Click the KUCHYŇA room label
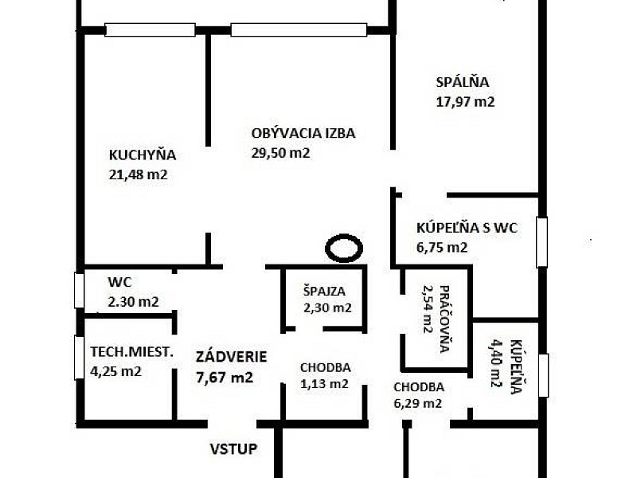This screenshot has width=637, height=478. [x=143, y=155]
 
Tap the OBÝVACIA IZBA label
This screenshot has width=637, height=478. [x=303, y=133]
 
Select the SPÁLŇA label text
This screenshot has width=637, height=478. [x=463, y=82]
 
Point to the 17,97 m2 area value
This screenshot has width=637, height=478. [x=465, y=102]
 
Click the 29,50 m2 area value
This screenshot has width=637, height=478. [x=280, y=153]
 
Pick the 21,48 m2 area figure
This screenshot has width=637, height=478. [x=138, y=174]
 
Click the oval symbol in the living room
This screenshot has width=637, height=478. [x=344, y=248]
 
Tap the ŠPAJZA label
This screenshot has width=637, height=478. [x=324, y=291]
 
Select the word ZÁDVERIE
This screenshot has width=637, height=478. [x=231, y=356]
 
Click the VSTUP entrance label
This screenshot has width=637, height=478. [x=233, y=449]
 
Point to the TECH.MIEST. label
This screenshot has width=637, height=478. [x=131, y=351]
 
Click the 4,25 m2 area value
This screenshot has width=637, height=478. [x=115, y=371]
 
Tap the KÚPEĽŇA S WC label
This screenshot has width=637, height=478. [x=467, y=228]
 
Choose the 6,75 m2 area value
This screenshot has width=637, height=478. [x=442, y=247]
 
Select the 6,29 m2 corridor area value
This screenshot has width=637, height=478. [x=417, y=404]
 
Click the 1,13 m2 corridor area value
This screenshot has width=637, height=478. [x=324, y=384]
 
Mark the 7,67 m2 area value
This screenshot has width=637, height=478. [x=225, y=378]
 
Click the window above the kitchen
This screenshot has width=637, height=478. [x=150, y=30]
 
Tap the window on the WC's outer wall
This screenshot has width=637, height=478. [x=79, y=290]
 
